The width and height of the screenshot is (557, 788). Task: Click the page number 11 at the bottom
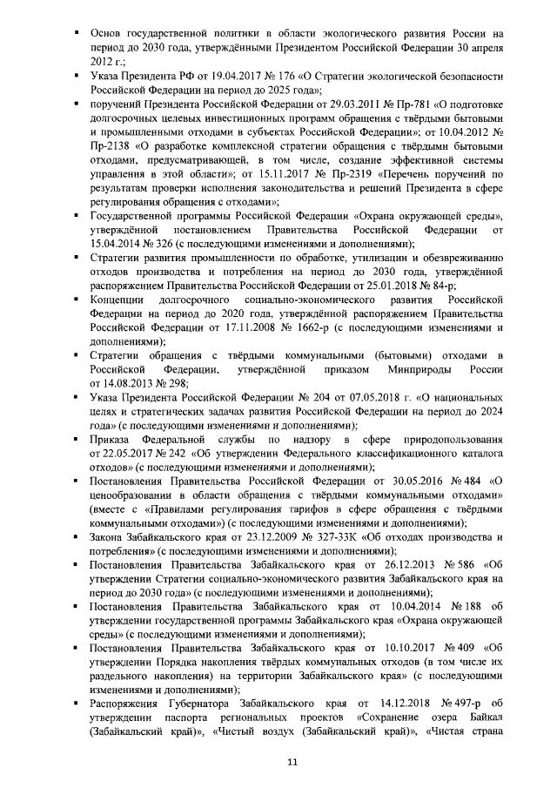(x=293, y=763)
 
